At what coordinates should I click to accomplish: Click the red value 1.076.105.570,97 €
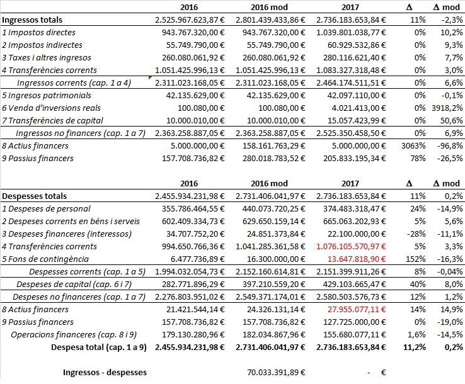(352, 246)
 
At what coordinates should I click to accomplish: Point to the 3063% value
(410, 145)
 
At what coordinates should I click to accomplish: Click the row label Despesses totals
(35, 196)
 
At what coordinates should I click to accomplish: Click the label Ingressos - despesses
(105, 372)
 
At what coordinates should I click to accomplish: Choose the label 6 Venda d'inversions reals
(51, 108)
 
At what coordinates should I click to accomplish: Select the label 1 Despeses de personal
(45, 208)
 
